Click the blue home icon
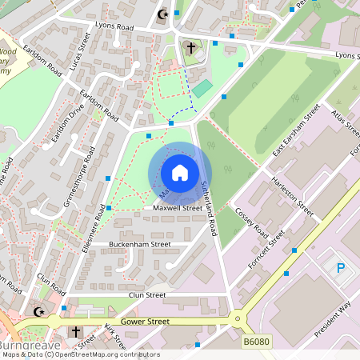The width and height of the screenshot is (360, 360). coord(180,173)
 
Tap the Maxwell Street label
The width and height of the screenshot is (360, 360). coord(178,208)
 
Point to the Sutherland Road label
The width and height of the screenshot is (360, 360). coord(208,207)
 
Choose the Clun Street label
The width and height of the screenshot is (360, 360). coord(147,294)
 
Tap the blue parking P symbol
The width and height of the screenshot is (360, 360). coord(341,266)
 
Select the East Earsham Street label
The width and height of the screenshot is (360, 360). coord(296,130)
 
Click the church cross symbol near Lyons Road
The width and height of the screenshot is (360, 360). coord(191,47)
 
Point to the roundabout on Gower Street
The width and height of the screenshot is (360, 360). coord(237,319)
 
